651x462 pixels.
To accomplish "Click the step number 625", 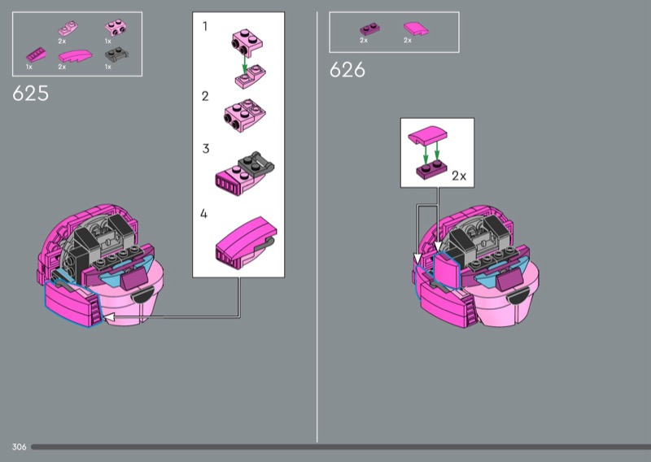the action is (30, 94).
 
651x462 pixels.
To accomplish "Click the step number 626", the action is (347, 70).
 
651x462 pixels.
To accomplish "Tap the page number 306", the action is (19, 447).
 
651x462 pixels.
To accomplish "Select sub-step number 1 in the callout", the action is (205, 26).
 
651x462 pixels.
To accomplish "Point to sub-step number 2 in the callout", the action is (205, 96).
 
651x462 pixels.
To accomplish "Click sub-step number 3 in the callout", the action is (206, 149).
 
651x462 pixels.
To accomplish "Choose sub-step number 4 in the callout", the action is (203, 213).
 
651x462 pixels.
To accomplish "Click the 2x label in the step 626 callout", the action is (459, 176).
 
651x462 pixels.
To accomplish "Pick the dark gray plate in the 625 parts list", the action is (116, 54).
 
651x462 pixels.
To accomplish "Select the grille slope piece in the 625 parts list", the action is (36, 54).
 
